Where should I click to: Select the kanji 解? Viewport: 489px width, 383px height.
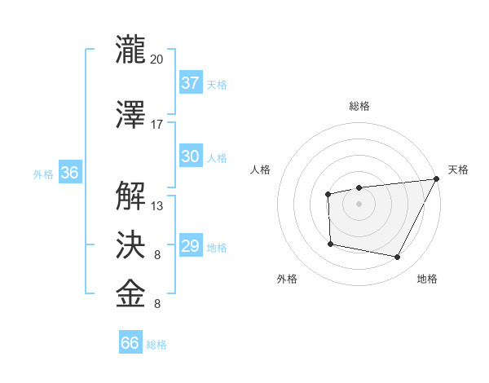(130, 196)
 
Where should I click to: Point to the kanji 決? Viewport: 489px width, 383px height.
(130, 243)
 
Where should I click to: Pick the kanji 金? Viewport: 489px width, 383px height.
(130, 293)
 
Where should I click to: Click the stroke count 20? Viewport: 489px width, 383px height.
(156, 59)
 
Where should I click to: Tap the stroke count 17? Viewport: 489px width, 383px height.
(156, 125)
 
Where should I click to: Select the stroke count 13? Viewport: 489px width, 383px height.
(156, 205)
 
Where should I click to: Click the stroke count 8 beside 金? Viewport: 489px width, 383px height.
(157, 304)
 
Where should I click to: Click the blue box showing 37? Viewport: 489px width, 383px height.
(191, 83)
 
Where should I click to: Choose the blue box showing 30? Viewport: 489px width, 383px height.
(191, 157)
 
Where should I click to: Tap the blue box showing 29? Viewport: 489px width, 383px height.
(191, 247)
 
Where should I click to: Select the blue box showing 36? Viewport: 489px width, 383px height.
(69, 174)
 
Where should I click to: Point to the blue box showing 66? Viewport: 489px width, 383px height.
(130, 343)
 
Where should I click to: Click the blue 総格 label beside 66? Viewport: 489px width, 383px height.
(156, 345)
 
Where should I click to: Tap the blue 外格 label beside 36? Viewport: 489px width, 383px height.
(43, 174)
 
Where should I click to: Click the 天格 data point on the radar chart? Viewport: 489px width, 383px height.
(437, 180)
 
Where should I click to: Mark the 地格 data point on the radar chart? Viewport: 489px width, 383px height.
(398, 258)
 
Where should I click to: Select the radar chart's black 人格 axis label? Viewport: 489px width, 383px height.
(261, 169)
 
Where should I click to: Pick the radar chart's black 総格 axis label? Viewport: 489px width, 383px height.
(359, 106)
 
